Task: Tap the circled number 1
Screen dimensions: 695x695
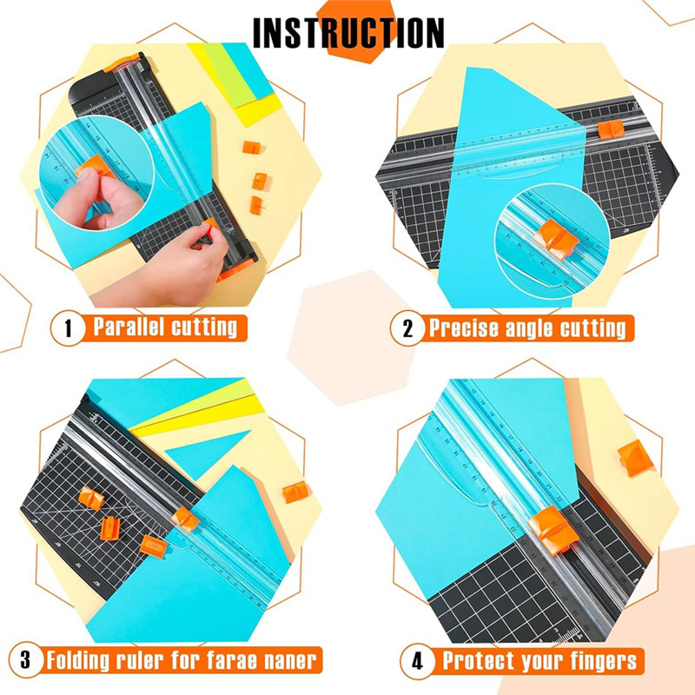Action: tap(64, 328)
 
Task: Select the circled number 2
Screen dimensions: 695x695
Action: tap(407, 328)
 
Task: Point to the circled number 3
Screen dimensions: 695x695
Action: tap(26, 659)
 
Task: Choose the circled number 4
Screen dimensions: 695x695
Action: tap(417, 659)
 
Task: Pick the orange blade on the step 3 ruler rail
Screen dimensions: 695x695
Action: tap(184, 520)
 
